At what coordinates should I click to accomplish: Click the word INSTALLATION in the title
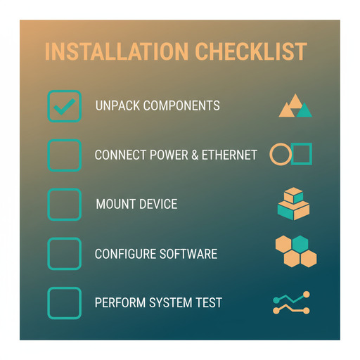click(x=116, y=52)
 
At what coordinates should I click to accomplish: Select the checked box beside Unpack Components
click(x=64, y=106)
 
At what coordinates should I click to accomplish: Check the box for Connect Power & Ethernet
click(x=64, y=155)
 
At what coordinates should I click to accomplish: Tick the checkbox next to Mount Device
click(x=64, y=205)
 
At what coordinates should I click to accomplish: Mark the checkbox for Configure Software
click(x=64, y=254)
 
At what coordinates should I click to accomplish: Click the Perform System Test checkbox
click(x=64, y=303)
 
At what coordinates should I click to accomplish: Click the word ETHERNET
click(x=229, y=155)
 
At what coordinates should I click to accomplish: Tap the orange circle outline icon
click(x=281, y=155)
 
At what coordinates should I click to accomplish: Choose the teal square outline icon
click(x=302, y=153)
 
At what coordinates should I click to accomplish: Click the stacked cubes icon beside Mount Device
click(x=294, y=204)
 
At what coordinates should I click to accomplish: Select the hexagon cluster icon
click(x=295, y=252)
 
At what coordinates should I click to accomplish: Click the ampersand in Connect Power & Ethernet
click(x=195, y=155)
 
